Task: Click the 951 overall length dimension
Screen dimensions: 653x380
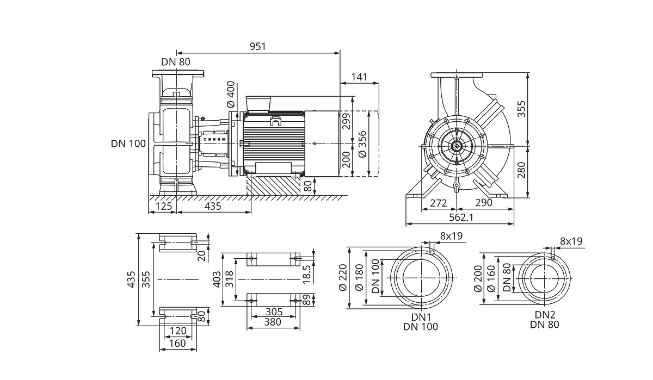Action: (x=258, y=47)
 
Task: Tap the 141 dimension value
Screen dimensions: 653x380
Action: (x=359, y=77)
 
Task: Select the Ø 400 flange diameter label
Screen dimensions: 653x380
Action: (x=231, y=94)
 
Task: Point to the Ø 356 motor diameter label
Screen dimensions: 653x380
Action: (x=362, y=145)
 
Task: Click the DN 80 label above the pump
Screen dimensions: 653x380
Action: (x=176, y=62)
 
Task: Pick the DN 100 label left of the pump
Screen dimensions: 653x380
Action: (x=128, y=144)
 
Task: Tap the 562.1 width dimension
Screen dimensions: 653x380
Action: (x=461, y=217)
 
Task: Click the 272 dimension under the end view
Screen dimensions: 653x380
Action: (x=439, y=203)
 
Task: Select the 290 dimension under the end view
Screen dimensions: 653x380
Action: (x=484, y=203)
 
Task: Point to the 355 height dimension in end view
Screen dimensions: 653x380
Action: (x=521, y=109)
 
